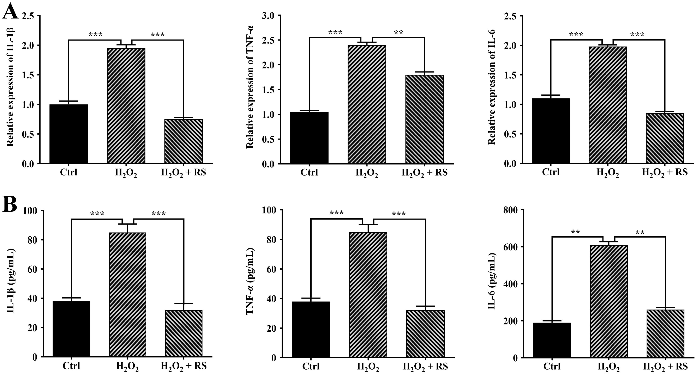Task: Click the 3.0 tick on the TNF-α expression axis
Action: (268, 16)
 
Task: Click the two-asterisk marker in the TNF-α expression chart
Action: (398, 33)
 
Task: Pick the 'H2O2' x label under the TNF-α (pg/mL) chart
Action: (368, 367)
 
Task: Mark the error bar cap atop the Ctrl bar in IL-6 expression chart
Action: (551, 95)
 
